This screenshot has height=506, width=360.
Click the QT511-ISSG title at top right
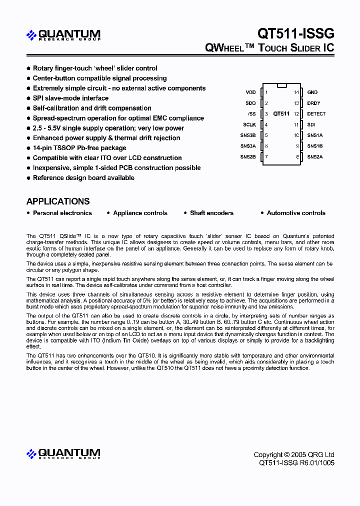(x=295, y=33)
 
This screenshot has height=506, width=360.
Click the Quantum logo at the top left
(x=63, y=35)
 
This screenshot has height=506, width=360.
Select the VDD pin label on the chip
(x=250, y=92)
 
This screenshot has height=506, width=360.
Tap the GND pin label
(x=312, y=92)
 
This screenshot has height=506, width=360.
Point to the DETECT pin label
(x=316, y=114)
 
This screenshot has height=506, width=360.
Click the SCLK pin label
(x=249, y=124)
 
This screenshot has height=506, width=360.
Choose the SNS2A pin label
(x=315, y=157)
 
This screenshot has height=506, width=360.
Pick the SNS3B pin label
(x=248, y=135)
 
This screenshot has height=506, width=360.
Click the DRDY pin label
(x=313, y=103)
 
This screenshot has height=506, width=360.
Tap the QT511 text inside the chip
(x=281, y=114)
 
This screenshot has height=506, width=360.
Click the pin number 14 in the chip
(x=296, y=92)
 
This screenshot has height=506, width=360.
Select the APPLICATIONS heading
(x=58, y=201)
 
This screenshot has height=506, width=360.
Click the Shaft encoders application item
(x=211, y=213)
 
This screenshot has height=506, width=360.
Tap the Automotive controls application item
(x=296, y=213)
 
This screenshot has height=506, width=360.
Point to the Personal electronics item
(x=62, y=213)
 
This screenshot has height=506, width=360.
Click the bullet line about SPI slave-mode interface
(x=70, y=98)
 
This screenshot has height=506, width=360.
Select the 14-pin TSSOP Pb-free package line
(x=79, y=148)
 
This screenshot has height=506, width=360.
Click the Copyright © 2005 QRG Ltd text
(x=294, y=454)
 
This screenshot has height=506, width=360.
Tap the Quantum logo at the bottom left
(x=63, y=454)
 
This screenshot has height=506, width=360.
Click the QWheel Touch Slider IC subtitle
(x=269, y=48)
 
